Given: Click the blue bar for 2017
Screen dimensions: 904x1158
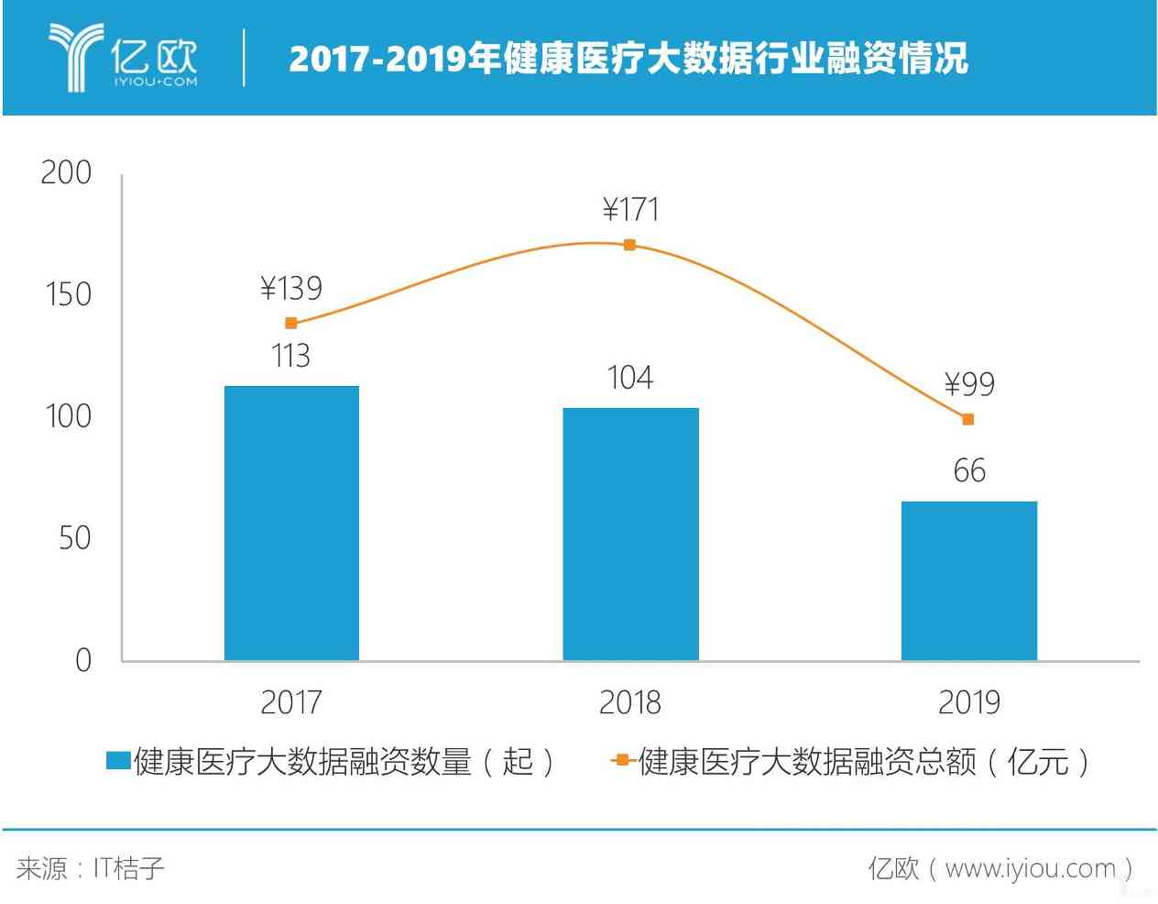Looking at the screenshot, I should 291,523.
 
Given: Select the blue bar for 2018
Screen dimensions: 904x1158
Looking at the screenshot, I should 630,534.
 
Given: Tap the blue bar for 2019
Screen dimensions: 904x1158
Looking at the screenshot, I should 968,580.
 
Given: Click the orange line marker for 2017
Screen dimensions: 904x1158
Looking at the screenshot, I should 291,323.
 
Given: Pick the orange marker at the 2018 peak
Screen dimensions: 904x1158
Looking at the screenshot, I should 629,245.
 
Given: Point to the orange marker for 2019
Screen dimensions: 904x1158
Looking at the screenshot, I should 968,419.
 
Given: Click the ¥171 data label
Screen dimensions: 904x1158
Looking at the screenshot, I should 630,210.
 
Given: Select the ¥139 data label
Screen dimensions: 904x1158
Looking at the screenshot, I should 291,289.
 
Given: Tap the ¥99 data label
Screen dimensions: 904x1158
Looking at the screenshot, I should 969,384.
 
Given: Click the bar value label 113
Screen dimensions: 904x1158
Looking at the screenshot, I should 291,356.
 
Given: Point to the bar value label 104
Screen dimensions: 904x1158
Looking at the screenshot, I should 630,378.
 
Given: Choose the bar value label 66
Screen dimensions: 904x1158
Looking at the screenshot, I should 969,471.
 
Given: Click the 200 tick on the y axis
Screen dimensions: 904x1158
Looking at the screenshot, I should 66,172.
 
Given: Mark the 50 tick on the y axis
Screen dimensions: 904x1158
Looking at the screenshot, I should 74,538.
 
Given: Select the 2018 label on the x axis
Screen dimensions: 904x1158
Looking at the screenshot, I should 630,702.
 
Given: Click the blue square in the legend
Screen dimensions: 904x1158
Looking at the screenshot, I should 118,761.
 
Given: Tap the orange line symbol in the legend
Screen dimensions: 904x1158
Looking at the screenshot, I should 622,761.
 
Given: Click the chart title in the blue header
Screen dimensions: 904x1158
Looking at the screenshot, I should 628,58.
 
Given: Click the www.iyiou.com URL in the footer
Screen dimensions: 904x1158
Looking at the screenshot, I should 1030,868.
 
